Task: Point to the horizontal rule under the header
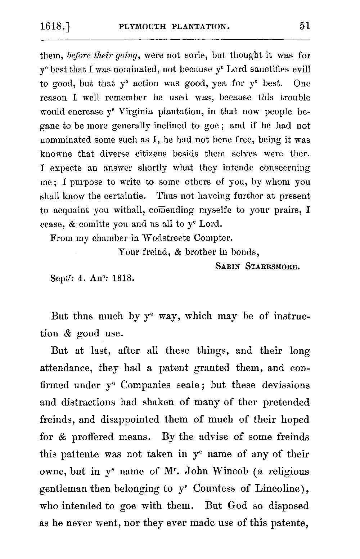tap(175, 39)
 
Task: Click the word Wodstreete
tap(167, 238)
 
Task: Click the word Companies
tap(145, 385)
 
